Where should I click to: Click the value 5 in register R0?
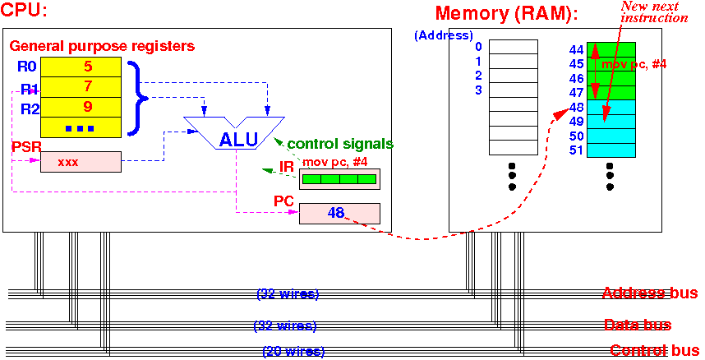point(88,67)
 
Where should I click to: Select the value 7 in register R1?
point(88,87)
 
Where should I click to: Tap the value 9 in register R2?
point(88,107)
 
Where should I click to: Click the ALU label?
point(238,140)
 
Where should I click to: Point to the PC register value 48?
point(336,213)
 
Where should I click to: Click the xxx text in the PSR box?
point(68,163)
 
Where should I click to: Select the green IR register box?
point(339,179)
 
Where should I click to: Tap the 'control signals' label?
point(340,144)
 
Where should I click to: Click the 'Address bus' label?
point(650,293)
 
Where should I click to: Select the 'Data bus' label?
point(638,325)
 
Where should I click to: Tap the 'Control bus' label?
point(654,351)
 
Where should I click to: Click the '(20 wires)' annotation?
point(293,351)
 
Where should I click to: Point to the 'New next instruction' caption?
point(654,12)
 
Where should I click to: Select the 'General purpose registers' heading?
point(102,46)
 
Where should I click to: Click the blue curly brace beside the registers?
point(136,97)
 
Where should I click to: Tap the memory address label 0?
point(478,46)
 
